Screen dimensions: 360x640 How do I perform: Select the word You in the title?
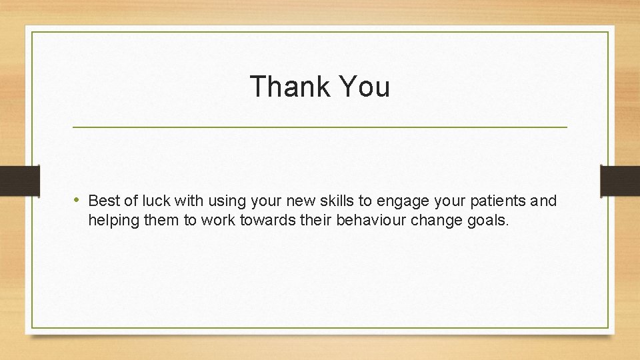(364, 87)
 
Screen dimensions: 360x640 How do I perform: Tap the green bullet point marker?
(79, 200)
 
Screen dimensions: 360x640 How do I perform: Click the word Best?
(102, 201)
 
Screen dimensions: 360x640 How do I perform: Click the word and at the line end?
(544, 201)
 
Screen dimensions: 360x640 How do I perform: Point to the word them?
(164, 221)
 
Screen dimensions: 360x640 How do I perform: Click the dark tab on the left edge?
(19, 181)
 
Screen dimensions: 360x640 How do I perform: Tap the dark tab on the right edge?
(621, 181)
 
